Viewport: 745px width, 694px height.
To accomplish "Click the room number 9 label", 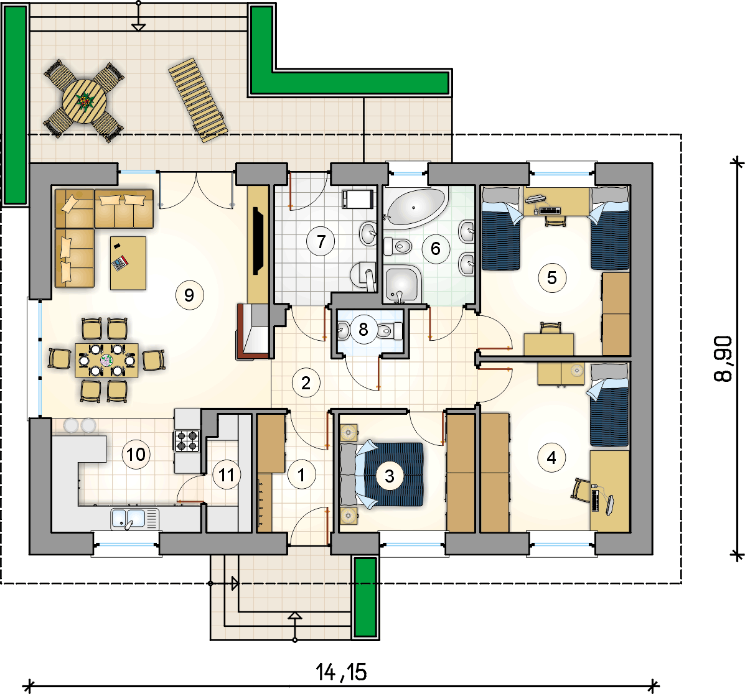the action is tap(190, 295).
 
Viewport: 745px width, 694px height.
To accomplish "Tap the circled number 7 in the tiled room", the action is tap(321, 241).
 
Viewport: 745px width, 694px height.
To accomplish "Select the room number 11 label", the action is tap(226, 474).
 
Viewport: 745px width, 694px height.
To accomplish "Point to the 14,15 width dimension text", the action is tap(341, 672).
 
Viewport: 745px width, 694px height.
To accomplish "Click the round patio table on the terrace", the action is tap(85, 101).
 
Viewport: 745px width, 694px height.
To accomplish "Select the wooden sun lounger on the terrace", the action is tap(198, 100).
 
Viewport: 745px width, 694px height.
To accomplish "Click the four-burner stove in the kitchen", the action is tap(187, 440).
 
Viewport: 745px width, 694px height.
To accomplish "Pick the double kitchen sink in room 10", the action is tap(134, 519).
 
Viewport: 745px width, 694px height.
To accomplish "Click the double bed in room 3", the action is tap(382, 474).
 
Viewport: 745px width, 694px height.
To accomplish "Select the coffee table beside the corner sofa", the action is tap(128, 263).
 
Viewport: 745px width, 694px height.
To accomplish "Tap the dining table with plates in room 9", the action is tap(107, 360).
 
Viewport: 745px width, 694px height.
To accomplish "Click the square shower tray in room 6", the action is tap(402, 284).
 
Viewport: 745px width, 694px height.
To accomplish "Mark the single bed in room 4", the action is tap(609, 405).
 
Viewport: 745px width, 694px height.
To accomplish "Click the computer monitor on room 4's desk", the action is tap(610, 505).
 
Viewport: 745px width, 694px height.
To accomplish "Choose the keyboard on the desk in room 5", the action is tap(551, 210).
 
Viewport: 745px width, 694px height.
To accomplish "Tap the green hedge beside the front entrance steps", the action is tap(365, 597).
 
